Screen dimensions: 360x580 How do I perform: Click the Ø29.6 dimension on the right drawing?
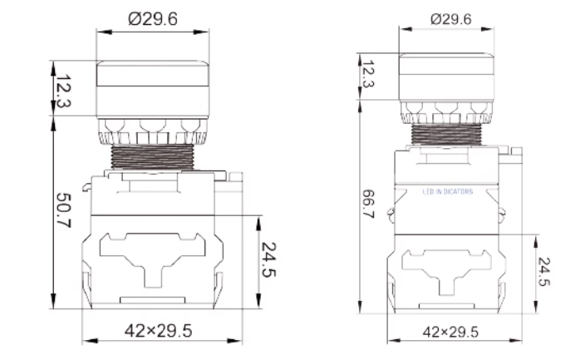tap(451, 17)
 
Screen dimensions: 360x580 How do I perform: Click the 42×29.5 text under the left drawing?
tap(158, 331)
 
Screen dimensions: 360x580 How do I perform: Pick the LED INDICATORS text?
tap(448, 191)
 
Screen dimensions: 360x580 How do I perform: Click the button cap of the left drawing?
tap(150, 86)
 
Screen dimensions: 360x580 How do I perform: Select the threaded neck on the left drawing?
tap(150, 155)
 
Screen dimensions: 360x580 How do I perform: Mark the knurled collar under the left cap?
tap(150, 128)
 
